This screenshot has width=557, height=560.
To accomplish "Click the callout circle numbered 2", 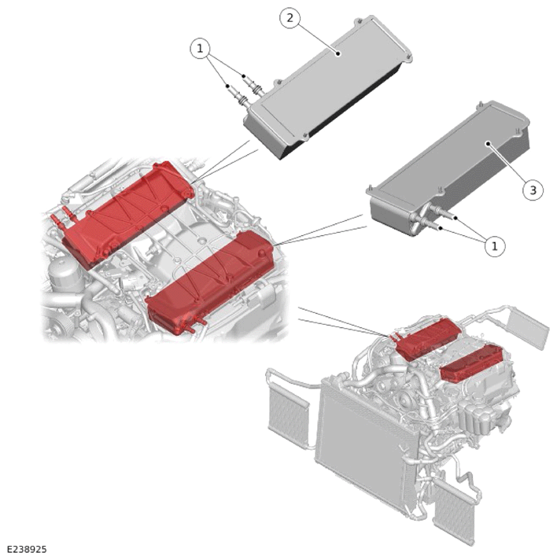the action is pyautogui.click(x=290, y=17).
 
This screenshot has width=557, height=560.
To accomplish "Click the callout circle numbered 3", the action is pyautogui.click(x=533, y=190).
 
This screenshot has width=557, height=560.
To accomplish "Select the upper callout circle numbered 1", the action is pyautogui.click(x=200, y=48).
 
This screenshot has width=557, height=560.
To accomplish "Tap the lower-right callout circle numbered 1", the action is pyautogui.click(x=495, y=245).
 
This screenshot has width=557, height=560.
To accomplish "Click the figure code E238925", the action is pyautogui.click(x=27, y=549).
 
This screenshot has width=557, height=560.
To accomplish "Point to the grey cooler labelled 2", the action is pyautogui.click(x=327, y=87).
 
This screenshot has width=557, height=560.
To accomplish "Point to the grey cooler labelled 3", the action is pyautogui.click(x=448, y=168).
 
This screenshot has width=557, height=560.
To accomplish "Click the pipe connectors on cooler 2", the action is pyautogui.click(x=245, y=90).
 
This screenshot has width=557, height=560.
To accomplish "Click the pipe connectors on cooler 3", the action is pyautogui.click(x=435, y=220).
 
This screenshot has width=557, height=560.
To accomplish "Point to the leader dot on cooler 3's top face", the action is pyautogui.click(x=487, y=144).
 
